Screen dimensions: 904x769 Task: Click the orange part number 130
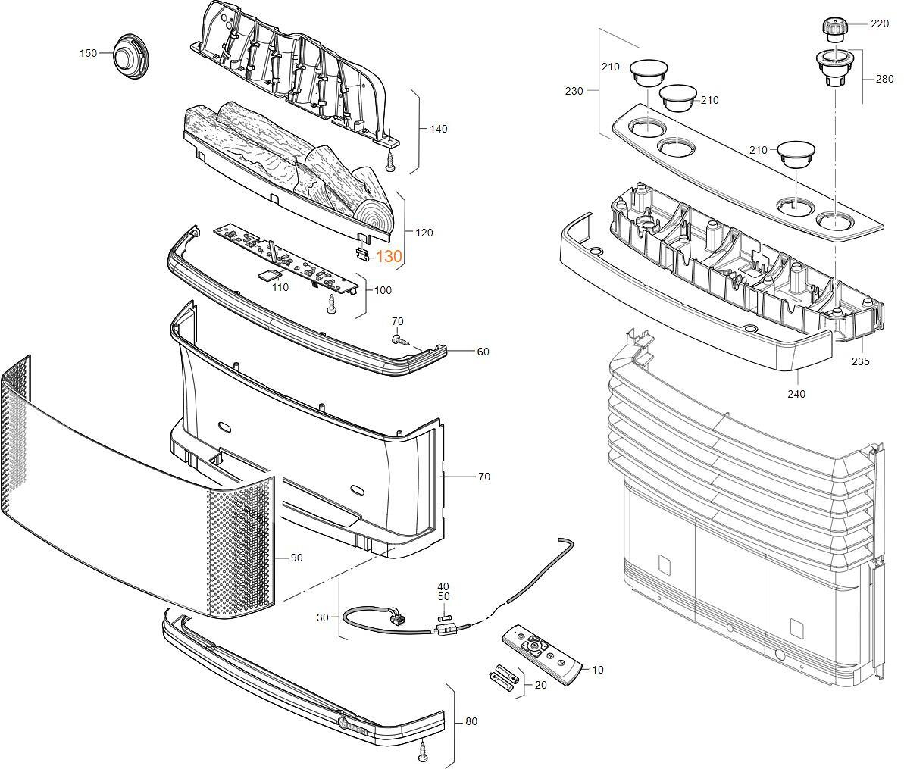click(389, 257)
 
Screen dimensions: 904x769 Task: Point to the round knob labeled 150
click(131, 57)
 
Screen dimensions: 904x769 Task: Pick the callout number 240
click(796, 394)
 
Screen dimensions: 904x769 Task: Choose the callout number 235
click(860, 361)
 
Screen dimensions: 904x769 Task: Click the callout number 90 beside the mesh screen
click(296, 558)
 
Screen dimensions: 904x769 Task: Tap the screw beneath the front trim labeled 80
click(423, 750)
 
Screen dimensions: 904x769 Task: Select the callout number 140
click(438, 129)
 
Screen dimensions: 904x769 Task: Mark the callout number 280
click(884, 79)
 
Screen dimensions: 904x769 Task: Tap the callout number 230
click(574, 91)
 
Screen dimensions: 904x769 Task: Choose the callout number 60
click(483, 352)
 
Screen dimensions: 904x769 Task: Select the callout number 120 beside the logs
click(424, 233)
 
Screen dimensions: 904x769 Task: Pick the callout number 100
click(383, 290)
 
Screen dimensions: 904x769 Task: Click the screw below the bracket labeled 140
click(390, 162)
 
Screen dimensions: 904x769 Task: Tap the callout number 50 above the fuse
click(443, 597)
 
